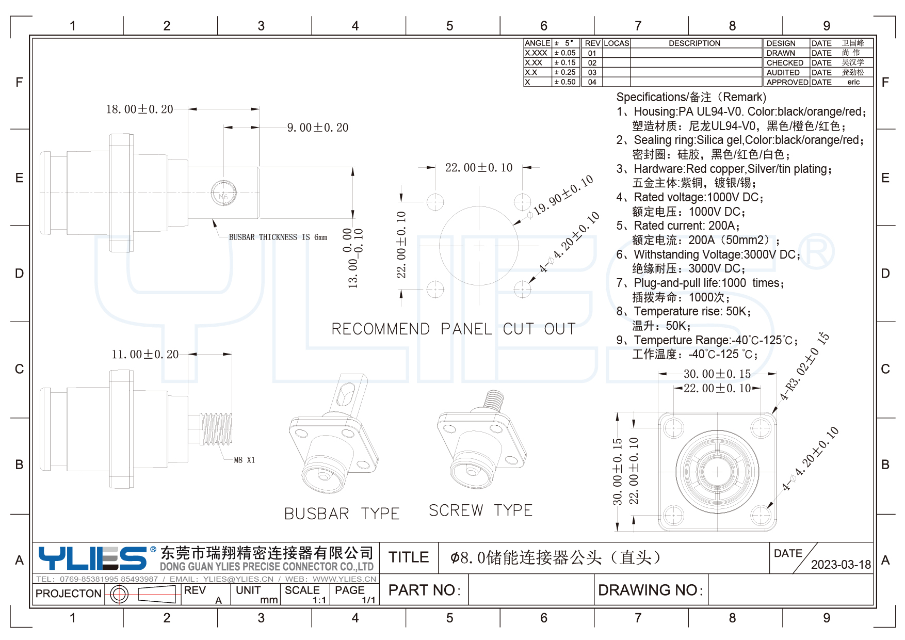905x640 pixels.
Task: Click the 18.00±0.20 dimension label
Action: pos(139,109)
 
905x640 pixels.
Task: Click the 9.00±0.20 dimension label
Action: pos(317,127)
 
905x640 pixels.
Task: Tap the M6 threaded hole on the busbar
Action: pos(224,194)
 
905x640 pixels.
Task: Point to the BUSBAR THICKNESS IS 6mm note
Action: pos(278,237)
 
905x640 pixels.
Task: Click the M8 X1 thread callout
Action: pos(244,460)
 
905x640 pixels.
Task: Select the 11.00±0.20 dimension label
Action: pos(145,355)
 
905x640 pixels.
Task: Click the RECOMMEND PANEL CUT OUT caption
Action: pos(453,329)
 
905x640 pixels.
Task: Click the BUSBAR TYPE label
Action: pos(342,514)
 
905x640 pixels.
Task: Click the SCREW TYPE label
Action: pos(480,510)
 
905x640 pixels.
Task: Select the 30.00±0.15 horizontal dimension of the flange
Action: pos(717,374)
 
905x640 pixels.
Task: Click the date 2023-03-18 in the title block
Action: pos(841,565)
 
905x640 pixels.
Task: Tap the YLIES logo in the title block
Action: pos(93,558)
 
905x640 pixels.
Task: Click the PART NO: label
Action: pos(424,590)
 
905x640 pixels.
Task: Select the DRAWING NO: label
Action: pos(650,590)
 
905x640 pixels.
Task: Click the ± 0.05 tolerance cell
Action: pos(564,53)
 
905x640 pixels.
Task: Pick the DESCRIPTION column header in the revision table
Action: pos(694,43)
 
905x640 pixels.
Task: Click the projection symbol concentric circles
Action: pos(119,595)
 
